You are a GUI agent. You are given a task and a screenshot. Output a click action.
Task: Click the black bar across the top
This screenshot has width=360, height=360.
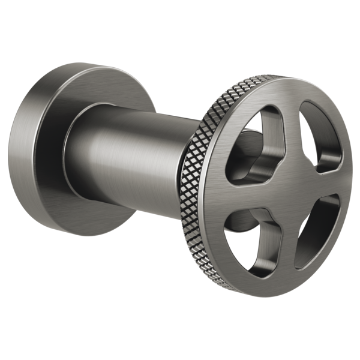(x=180, y=30)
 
